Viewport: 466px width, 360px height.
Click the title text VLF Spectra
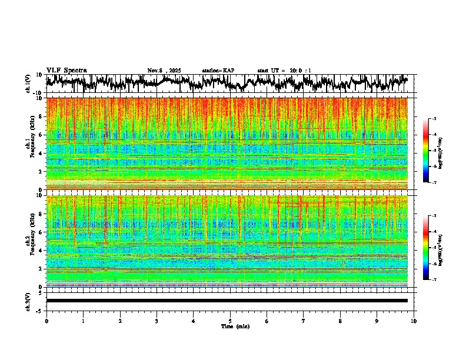pos(66,70)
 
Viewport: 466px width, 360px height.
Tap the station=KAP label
pos(218,71)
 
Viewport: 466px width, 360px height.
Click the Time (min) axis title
pos(235,326)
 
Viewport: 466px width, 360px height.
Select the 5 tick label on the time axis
pos(230,321)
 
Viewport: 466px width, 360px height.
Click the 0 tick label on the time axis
pos(46,321)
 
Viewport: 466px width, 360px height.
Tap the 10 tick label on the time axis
pos(414,321)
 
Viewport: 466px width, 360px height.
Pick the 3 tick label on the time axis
pos(157,321)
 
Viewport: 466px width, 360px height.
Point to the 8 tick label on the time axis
pos(340,321)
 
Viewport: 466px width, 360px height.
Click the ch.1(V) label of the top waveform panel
pos(28,84)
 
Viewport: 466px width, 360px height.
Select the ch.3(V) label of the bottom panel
pos(28,301)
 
